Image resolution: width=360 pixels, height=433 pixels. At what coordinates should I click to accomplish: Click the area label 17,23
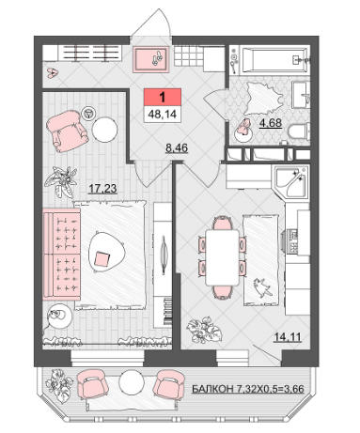click(102, 189)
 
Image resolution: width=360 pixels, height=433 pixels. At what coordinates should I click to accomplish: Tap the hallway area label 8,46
click(177, 147)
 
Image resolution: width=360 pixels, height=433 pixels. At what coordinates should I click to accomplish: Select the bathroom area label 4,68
click(271, 123)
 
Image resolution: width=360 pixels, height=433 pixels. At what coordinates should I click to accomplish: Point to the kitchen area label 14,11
click(288, 337)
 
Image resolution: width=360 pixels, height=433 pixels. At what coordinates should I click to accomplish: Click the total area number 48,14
click(163, 114)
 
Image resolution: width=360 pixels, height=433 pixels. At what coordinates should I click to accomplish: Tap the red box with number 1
click(163, 97)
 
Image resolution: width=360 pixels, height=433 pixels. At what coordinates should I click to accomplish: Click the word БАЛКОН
click(212, 389)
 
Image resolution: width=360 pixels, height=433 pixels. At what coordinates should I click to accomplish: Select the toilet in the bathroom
click(299, 131)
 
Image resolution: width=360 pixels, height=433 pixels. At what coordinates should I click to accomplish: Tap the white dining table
click(222, 257)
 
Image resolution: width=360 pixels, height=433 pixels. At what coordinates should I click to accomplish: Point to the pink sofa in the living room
click(61, 255)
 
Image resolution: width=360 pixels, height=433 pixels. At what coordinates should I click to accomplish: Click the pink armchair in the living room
click(67, 131)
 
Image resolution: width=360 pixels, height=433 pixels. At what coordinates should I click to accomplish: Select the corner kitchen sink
click(291, 182)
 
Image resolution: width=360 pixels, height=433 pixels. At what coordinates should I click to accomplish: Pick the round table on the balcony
click(132, 382)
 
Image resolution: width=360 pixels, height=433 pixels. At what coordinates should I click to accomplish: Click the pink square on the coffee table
click(102, 259)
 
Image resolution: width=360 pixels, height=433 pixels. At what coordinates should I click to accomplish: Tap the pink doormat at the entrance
click(151, 59)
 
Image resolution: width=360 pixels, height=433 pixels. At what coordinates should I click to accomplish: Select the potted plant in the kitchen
click(205, 331)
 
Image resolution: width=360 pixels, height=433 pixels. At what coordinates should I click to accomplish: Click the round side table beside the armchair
click(104, 130)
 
